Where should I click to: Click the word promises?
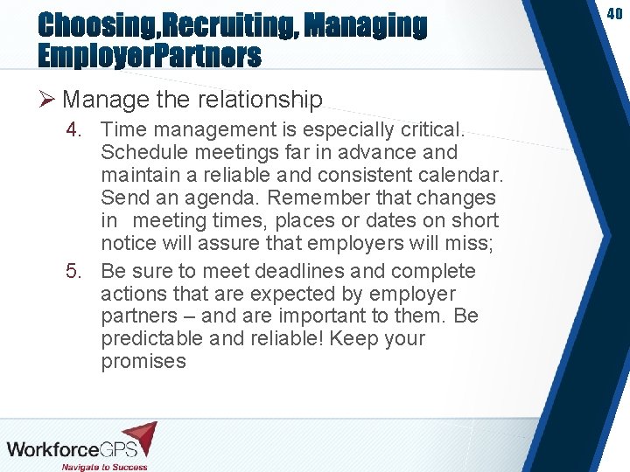click(143, 361)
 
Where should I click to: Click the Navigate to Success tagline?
click(104, 467)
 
